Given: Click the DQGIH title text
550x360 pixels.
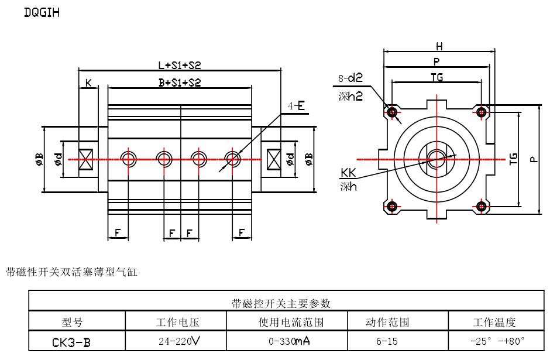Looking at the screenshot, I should coord(42,12).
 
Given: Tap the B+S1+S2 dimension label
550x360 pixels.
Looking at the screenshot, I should coord(179,83).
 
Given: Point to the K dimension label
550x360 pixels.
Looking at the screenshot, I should coord(88,83).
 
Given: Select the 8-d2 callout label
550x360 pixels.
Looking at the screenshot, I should coord(350,78).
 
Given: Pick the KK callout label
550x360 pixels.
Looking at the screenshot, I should coord(349,173).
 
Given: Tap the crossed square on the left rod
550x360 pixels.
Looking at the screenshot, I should coord(87,159).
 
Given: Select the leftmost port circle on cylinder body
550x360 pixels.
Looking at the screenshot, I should coord(129,159).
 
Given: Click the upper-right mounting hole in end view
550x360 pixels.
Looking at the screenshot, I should coord(482,111).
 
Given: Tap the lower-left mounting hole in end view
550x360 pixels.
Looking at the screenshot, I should coord(391,206).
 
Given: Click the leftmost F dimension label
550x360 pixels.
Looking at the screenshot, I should coord(117,233).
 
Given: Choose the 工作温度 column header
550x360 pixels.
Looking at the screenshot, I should coord(494,322).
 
